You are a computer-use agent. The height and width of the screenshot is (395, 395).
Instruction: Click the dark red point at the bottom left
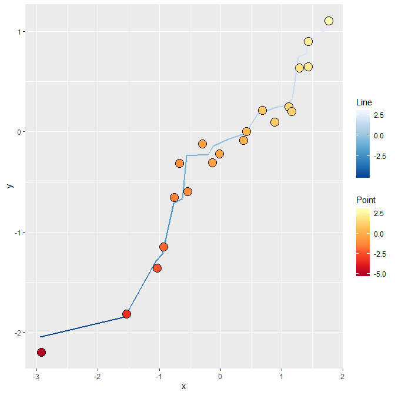coord(41,352)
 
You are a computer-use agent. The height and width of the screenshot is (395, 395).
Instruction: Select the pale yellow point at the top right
coord(329,21)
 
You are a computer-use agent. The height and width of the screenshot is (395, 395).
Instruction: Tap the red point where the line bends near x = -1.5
coord(126,314)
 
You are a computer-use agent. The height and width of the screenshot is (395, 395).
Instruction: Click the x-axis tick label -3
coord(36,376)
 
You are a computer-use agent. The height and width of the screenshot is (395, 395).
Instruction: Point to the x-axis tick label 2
coord(342,376)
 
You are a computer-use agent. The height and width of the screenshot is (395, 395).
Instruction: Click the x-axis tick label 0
coord(220,376)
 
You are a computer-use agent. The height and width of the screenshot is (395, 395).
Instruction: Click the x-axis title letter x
coord(183,386)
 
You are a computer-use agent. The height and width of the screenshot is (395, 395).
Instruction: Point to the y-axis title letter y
coord(9,185)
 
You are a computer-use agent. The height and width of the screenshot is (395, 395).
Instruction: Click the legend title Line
coord(364,102)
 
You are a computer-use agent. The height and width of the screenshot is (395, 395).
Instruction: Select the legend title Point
coord(366,200)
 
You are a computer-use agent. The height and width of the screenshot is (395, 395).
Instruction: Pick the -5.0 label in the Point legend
coord(380,274)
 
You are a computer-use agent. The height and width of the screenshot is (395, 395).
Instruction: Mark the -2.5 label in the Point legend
coord(380,254)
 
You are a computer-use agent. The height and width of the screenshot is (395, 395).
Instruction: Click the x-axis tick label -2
coord(98,376)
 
